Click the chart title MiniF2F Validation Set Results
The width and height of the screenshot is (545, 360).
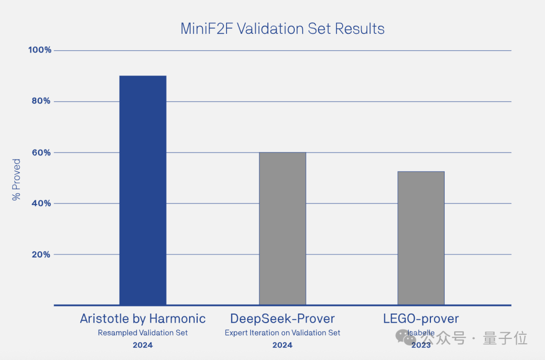282,29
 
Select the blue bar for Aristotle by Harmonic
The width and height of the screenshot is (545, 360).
143,190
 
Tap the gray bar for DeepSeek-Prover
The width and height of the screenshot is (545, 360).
282,228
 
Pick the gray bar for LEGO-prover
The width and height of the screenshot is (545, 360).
421,238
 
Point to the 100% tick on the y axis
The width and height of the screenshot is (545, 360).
40,50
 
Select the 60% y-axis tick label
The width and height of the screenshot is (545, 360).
41,152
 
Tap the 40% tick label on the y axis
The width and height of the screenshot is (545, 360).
41,203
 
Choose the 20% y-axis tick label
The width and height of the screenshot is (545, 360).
41,254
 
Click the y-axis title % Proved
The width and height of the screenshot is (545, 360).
16,180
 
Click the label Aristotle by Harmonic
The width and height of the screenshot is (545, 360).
143,319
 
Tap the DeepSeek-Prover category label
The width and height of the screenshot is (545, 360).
282,319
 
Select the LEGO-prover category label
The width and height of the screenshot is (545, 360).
421,319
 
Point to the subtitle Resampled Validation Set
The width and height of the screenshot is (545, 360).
143,333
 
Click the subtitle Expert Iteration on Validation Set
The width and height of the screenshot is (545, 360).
282,333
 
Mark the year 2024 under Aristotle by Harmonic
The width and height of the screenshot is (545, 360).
143,345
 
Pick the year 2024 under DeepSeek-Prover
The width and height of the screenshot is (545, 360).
282,345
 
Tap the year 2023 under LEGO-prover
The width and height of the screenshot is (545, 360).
421,345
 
